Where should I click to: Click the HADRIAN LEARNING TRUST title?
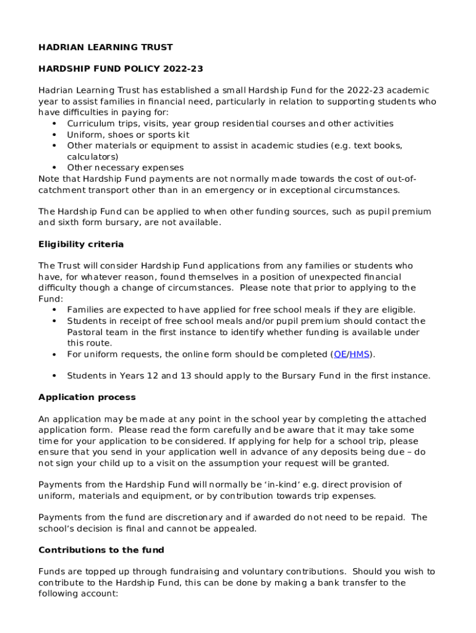click(106, 47)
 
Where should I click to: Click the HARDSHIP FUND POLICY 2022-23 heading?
click(121, 69)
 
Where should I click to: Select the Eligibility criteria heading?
click(81, 244)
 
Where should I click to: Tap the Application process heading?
click(87, 397)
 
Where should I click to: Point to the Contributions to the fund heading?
click(101, 550)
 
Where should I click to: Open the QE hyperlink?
click(339, 354)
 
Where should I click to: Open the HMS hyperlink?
click(359, 354)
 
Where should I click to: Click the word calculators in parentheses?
click(92, 157)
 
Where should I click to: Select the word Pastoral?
click(87, 332)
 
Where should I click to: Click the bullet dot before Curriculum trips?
click(54, 124)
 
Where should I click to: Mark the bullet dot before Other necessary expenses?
click(54, 168)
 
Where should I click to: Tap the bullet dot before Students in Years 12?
click(54, 376)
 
